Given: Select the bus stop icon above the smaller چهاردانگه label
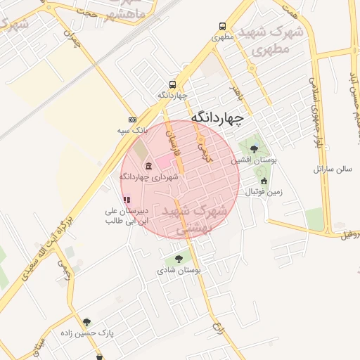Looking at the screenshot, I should click(x=172, y=84).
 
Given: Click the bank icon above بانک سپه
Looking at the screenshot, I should click(x=132, y=120).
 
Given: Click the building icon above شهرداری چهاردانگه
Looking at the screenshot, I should click(x=148, y=166).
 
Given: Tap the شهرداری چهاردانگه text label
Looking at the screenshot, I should click(x=148, y=177).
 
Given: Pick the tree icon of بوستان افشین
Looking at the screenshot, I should click(x=254, y=148).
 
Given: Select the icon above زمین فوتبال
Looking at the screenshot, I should click(x=264, y=181).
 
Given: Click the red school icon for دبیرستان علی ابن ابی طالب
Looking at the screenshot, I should click(x=127, y=200).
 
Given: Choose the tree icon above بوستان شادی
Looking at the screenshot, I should click(x=186, y=259).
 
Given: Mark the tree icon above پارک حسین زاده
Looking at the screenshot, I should click(x=86, y=322).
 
